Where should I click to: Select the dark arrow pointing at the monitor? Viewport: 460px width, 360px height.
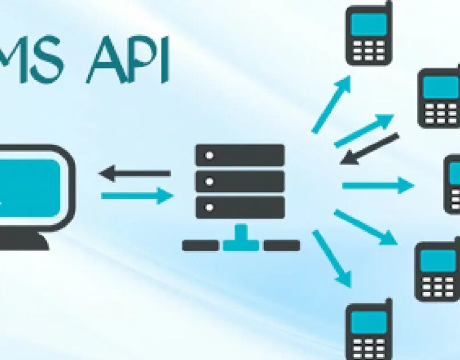point(134,173)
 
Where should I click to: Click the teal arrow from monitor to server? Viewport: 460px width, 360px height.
point(137,196)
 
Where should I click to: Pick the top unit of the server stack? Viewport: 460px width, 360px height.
point(240,155)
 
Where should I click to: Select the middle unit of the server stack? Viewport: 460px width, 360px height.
point(240,181)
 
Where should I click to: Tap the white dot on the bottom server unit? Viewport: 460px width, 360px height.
point(209,207)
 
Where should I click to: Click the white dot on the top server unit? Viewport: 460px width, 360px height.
point(209,155)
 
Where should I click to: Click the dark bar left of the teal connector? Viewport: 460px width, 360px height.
point(200,246)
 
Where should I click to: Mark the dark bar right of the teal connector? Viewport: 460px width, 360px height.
point(282,246)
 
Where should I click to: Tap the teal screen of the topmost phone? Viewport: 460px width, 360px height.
point(369,25)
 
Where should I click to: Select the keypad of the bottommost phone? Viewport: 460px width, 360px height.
point(369,346)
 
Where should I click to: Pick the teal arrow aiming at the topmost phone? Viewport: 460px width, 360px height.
point(331,105)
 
